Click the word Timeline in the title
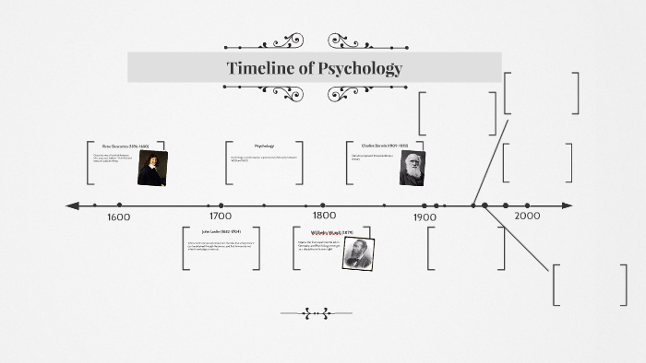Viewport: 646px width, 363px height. pyautogui.click(x=260, y=68)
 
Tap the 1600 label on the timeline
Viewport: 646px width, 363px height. pyautogui.click(x=118, y=217)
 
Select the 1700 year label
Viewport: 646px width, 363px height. pyautogui.click(x=220, y=217)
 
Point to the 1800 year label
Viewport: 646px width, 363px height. pyautogui.click(x=322, y=217)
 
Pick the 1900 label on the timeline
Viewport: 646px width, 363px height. pyautogui.click(x=425, y=217)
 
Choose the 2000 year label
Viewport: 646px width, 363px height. pyautogui.click(x=527, y=216)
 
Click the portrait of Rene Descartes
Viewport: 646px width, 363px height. pyautogui.click(x=152, y=168)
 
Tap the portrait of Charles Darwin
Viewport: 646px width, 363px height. pyautogui.click(x=412, y=167)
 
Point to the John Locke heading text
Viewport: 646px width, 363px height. pyautogui.click(x=221, y=231)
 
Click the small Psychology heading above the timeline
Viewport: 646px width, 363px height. pyautogui.click(x=265, y=146)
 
